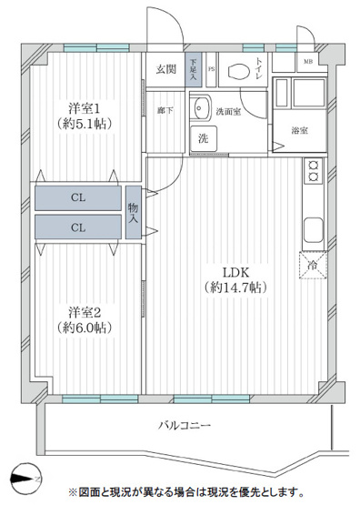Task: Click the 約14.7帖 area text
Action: point(233,287)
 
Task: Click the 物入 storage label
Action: point(134,212)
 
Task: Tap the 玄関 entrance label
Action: point(165,69)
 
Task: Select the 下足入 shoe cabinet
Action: point(194,70)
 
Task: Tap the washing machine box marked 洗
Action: point(204,138)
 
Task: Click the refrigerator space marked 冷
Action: point(312,266)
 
